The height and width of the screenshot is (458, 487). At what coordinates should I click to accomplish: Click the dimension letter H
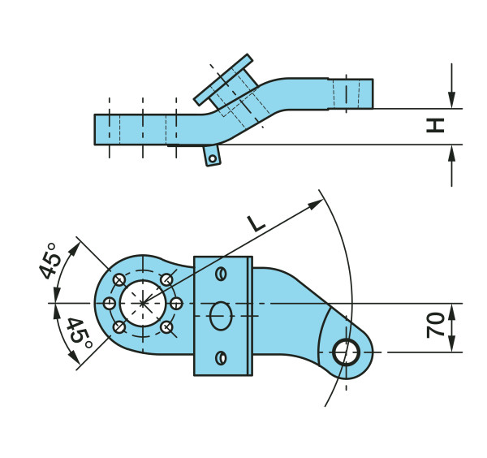436,126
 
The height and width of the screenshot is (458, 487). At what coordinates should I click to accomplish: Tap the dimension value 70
435,326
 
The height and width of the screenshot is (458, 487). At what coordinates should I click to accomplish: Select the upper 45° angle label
50,260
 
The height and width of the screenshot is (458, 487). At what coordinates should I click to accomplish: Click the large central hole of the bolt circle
142,303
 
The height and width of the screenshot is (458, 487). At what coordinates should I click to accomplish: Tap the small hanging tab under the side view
212,155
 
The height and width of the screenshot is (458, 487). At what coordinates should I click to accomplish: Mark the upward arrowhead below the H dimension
451,153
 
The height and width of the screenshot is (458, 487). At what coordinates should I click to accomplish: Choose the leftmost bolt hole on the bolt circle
109,303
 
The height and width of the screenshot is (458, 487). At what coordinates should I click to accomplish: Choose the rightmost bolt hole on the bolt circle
176,303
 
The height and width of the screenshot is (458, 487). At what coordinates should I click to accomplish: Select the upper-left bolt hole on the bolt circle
119,279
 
